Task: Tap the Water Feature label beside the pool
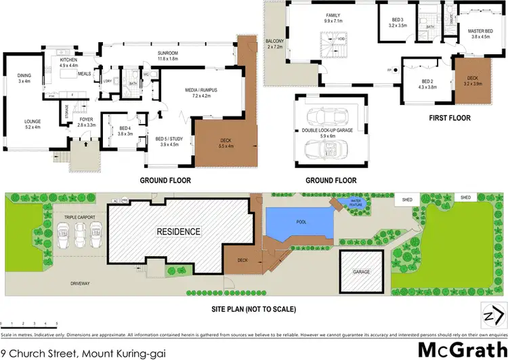[x=356, y=201]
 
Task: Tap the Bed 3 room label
[x=398, y=22]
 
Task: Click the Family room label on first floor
[x=333, y=18]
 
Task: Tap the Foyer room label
[x=86, y=122]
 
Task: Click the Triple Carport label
[x=79, y=217]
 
